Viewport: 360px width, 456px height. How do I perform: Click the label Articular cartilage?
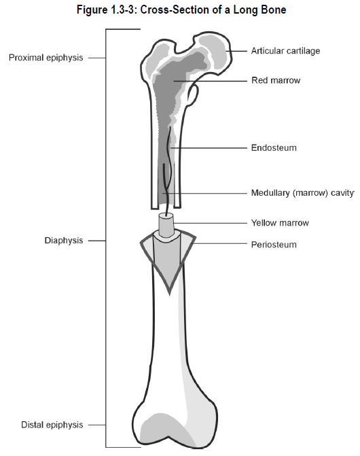coord(285,51)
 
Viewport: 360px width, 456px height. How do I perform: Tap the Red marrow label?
coord(276,80)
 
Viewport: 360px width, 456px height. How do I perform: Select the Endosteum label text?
coord(274,147)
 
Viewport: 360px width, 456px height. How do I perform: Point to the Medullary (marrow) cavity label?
coord(302,193)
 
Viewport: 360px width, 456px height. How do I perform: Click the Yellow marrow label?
coord(280,223)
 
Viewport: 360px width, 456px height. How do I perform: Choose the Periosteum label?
coord(274,245)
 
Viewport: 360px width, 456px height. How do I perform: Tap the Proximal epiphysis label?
coord(46,58)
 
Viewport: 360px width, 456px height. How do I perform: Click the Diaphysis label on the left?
coord(64,241)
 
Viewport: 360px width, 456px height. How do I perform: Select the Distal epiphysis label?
coord(52,425)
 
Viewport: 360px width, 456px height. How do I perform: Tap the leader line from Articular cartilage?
coord(236,51)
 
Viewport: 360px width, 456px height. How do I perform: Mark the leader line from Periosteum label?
coord(219,244)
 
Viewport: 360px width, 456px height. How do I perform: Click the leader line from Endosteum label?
coord(209,148)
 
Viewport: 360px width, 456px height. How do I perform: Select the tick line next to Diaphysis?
coord(96,241)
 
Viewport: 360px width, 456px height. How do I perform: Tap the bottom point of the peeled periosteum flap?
coord(170,294)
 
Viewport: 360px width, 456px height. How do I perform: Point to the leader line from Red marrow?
coord(211,81)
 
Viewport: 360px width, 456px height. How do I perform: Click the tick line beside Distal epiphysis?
coord(96,425)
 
